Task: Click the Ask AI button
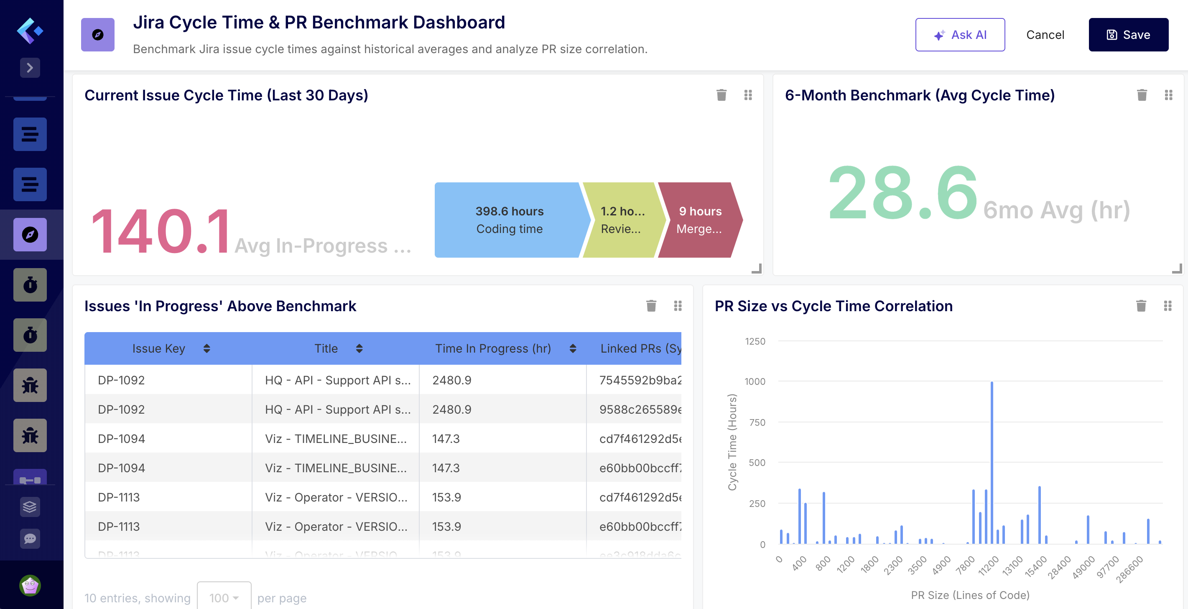(960, 35)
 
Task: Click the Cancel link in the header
(1045, 35)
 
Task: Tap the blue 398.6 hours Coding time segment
(509, 220)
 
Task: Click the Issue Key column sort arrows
(206, 348)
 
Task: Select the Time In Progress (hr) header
(492, 348)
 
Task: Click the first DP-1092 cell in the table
(121, 380)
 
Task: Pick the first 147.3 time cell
(446, 438)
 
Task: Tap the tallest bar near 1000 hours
(992, 461)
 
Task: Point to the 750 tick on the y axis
(757, 422)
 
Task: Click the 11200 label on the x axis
(989, 565)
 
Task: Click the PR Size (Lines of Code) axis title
(970, 595)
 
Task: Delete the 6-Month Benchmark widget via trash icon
(1142, 95)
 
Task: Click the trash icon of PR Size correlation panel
(1141, 306)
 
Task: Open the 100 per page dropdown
(224, 597)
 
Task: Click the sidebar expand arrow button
(30, 68)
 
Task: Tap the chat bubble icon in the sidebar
(30, 538)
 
